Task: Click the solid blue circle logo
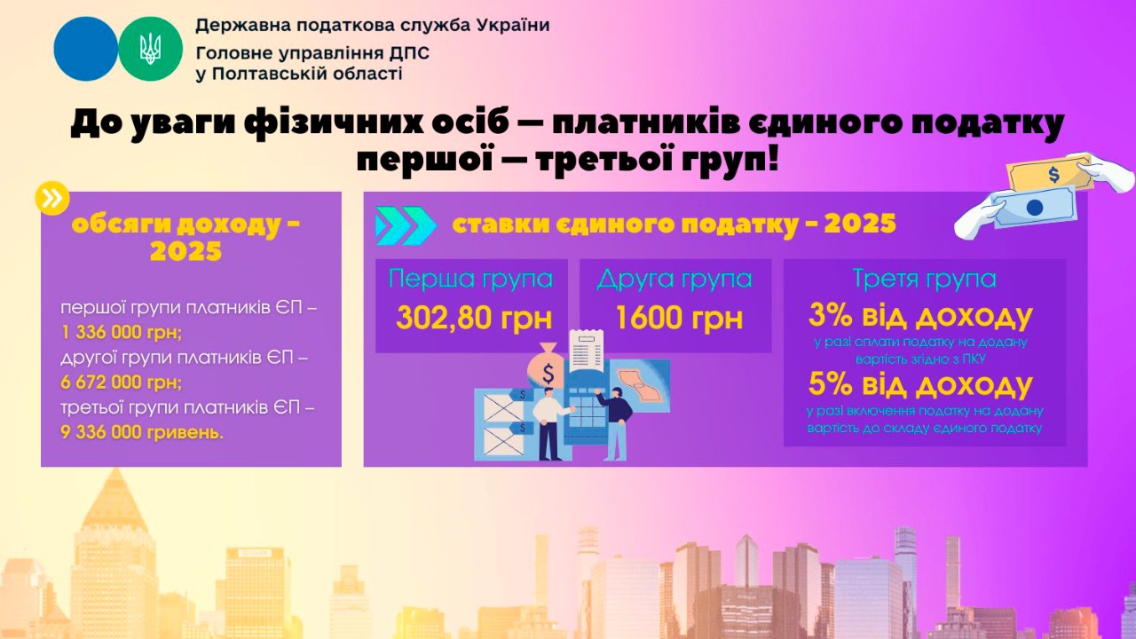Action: (85, 49)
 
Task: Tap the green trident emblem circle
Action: (150, 49)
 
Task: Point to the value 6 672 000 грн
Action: (122, 383)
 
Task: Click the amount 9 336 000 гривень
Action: (143, 432)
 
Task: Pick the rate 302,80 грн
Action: (474, 317)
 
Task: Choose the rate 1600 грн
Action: (678, 317)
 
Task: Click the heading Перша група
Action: (470, 279)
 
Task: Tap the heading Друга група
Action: (674, 279)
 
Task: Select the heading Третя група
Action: (924, 279)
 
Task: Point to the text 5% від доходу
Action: (920, 384)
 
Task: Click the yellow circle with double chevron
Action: (52, 198)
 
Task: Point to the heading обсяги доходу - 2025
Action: (185, 236)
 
